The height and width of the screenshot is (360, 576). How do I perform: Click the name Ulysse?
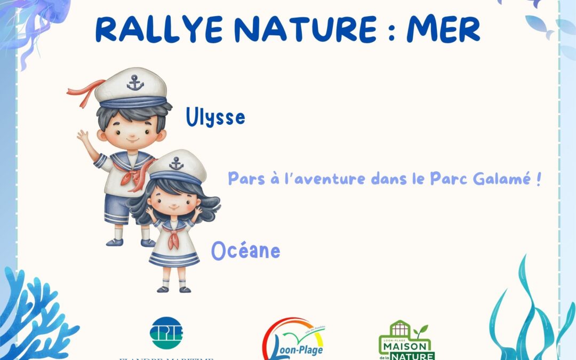215,117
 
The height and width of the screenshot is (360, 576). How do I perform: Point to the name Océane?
245,250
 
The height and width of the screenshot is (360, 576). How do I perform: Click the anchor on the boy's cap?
135,82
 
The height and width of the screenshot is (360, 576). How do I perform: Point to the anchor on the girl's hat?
177,163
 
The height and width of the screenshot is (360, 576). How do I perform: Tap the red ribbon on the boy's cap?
85,90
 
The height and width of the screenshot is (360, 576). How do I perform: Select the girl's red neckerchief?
174,237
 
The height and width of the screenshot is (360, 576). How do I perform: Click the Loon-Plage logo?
293,339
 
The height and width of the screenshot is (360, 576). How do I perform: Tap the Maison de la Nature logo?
407,341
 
